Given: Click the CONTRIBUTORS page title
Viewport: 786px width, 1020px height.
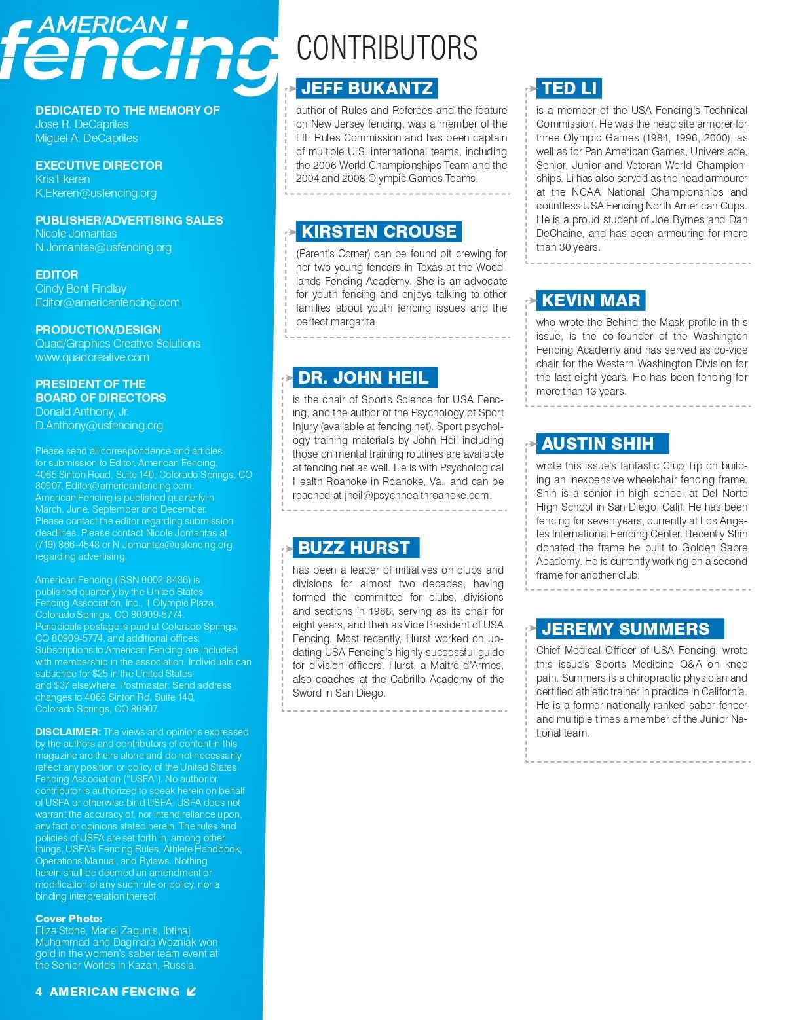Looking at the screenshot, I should [386, 48].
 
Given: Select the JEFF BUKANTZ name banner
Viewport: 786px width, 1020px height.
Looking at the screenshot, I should [367, 88].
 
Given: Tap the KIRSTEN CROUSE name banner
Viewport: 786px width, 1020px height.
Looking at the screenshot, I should [379, 232].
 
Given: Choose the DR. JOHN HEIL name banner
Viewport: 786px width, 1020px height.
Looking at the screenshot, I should [364, 378].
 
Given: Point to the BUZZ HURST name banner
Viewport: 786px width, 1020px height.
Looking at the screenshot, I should [354, 548].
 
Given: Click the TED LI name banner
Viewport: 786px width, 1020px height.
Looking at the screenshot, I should [569, 88].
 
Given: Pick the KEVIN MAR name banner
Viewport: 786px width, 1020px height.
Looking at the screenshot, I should [591, 301].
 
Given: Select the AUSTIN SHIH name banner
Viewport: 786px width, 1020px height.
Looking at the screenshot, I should [597, 444].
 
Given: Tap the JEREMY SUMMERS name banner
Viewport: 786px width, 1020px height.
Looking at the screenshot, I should [626, 629].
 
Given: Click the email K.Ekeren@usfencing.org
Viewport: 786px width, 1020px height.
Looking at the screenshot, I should [96, 193].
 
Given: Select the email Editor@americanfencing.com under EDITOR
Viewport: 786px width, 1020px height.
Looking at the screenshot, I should [107, 302].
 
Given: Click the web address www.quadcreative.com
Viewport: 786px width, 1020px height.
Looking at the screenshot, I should [92, 357].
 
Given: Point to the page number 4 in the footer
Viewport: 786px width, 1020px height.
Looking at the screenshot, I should [39, 992].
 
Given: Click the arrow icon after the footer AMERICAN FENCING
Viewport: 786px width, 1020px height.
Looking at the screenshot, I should [191, 992].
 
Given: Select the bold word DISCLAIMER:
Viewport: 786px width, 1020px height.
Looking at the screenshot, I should [68, 732].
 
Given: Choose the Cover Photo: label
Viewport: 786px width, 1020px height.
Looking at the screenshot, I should [69, 919].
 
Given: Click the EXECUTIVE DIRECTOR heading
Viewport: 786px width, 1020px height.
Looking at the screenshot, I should [99, 166].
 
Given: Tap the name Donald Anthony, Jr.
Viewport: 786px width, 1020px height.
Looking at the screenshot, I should [82, 412].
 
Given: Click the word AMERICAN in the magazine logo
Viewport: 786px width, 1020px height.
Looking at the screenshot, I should [102, 25].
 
